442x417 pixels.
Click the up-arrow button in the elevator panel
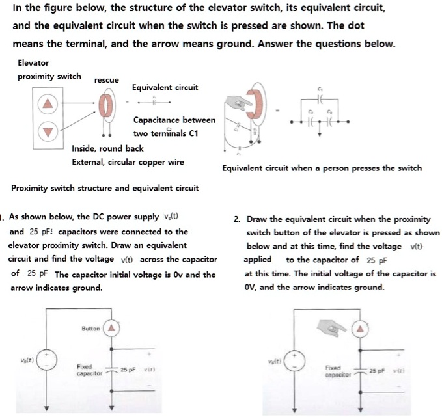point(47,103)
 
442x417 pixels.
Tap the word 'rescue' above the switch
point(106,80)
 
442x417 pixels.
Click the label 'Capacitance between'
point(174,120)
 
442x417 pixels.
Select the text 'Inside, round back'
point(107,148)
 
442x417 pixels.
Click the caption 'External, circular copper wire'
point(127,162)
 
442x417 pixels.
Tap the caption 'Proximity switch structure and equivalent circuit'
point(105,189)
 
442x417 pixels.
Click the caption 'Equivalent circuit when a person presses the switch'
point(322,168)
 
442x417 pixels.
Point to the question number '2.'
point(237,219)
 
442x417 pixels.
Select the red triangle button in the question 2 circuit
point(358,330)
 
